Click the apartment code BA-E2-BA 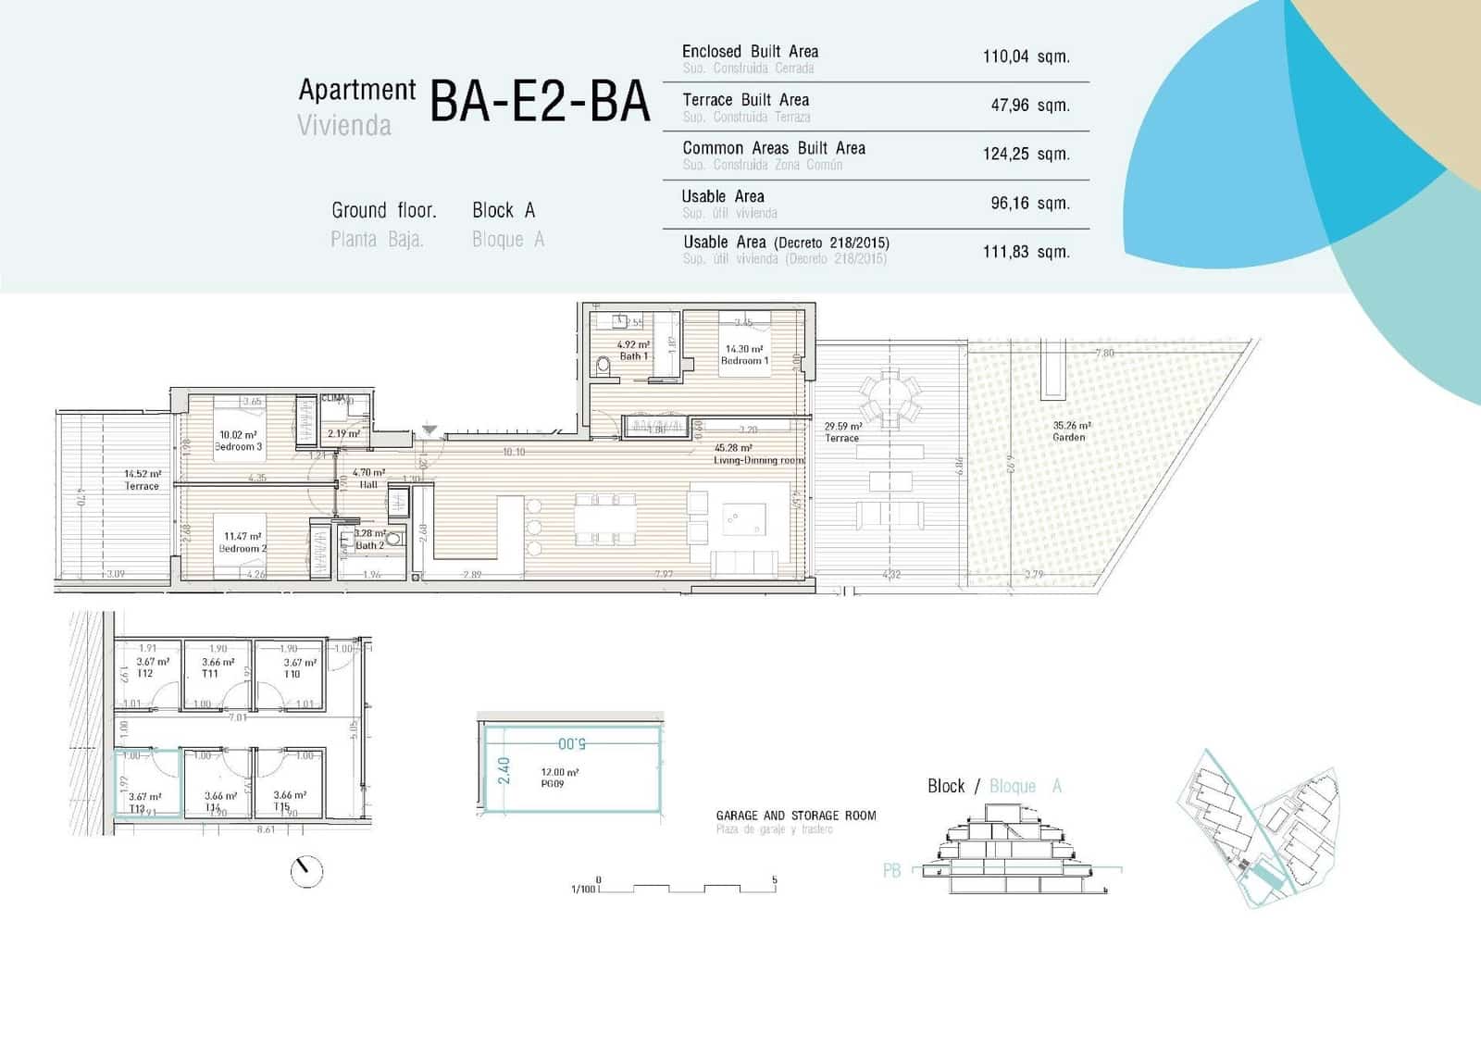coord(540,102)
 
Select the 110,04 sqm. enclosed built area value coord(1026,57)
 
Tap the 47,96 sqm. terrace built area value coord(1029,106)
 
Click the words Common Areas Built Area coord(774,148)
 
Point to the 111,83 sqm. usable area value coord(1026,252)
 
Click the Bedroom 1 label coord(744,355)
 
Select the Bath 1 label coord(633,351)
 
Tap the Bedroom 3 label coord(238,441)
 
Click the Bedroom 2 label coord(242,542)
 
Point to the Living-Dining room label coord(759,455)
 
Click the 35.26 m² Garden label coord(1070,431)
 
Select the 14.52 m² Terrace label coord(142,479)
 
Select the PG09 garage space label coord(553,783)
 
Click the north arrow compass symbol coord(306,871)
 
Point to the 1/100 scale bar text coord(583,889)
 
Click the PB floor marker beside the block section coord(891,871)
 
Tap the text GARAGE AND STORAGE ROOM coord(795,816)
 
